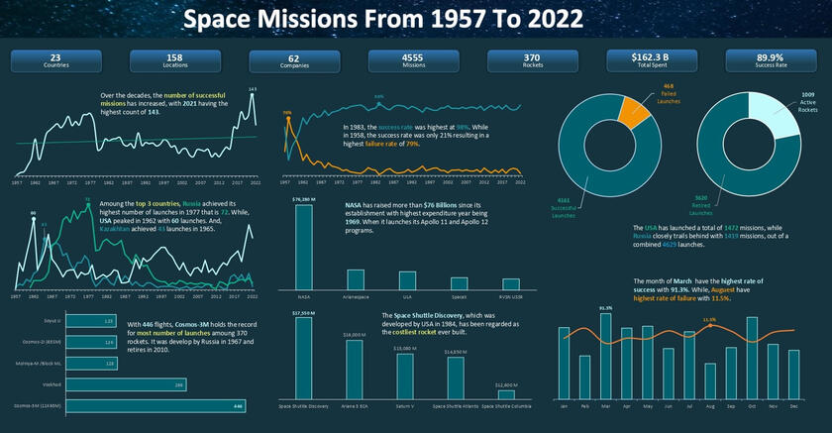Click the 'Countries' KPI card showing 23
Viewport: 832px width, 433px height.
coord(54,61)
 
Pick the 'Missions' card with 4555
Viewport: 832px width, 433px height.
coord(412,61)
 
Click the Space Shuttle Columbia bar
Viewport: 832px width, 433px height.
coord(506,394)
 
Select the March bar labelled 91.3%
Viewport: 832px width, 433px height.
coord(605,358)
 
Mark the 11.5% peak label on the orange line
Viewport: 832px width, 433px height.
coord(709,320)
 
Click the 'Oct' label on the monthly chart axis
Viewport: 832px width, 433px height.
coord(753,406)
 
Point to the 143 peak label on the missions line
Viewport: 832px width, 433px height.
coord(253,89)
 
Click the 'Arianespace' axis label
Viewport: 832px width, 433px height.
coord(355,295)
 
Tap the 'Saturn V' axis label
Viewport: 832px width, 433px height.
coord(405,406)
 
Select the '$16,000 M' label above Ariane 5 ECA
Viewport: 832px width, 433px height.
coord(354,336)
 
